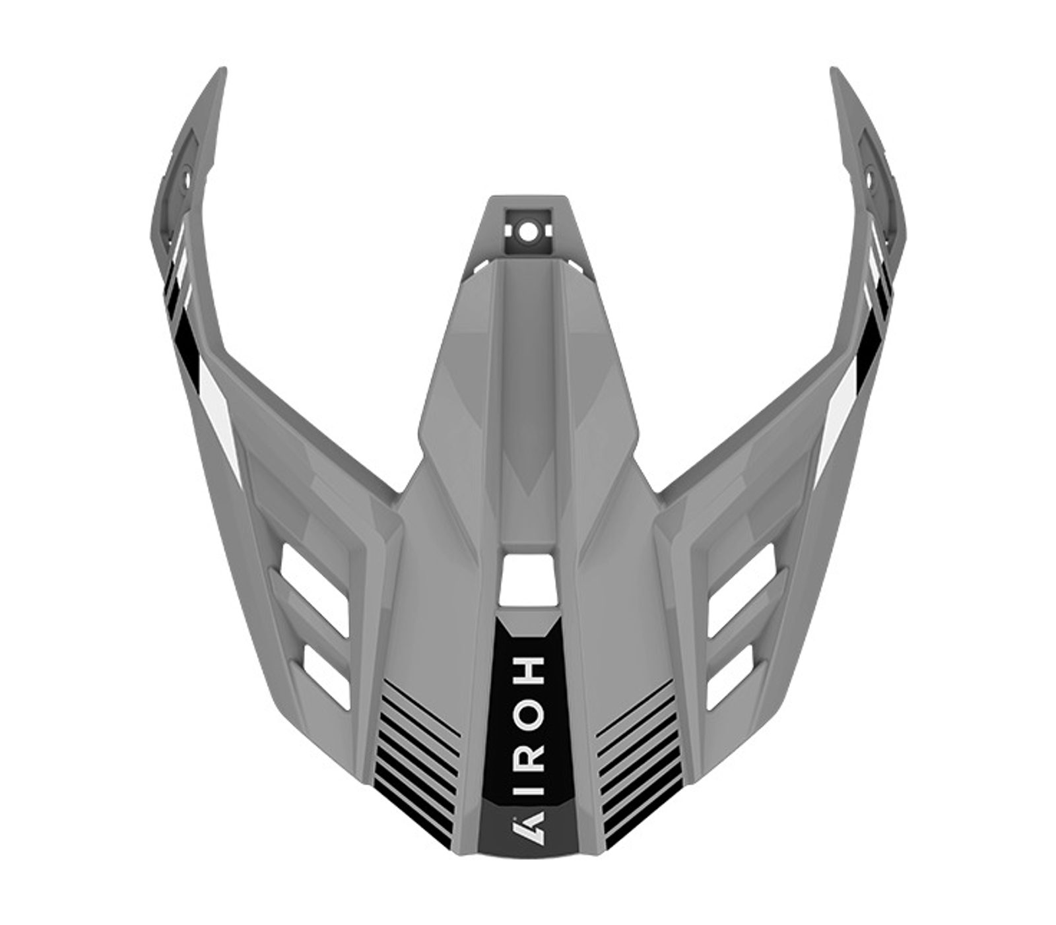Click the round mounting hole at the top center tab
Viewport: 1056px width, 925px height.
pos(527,232)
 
